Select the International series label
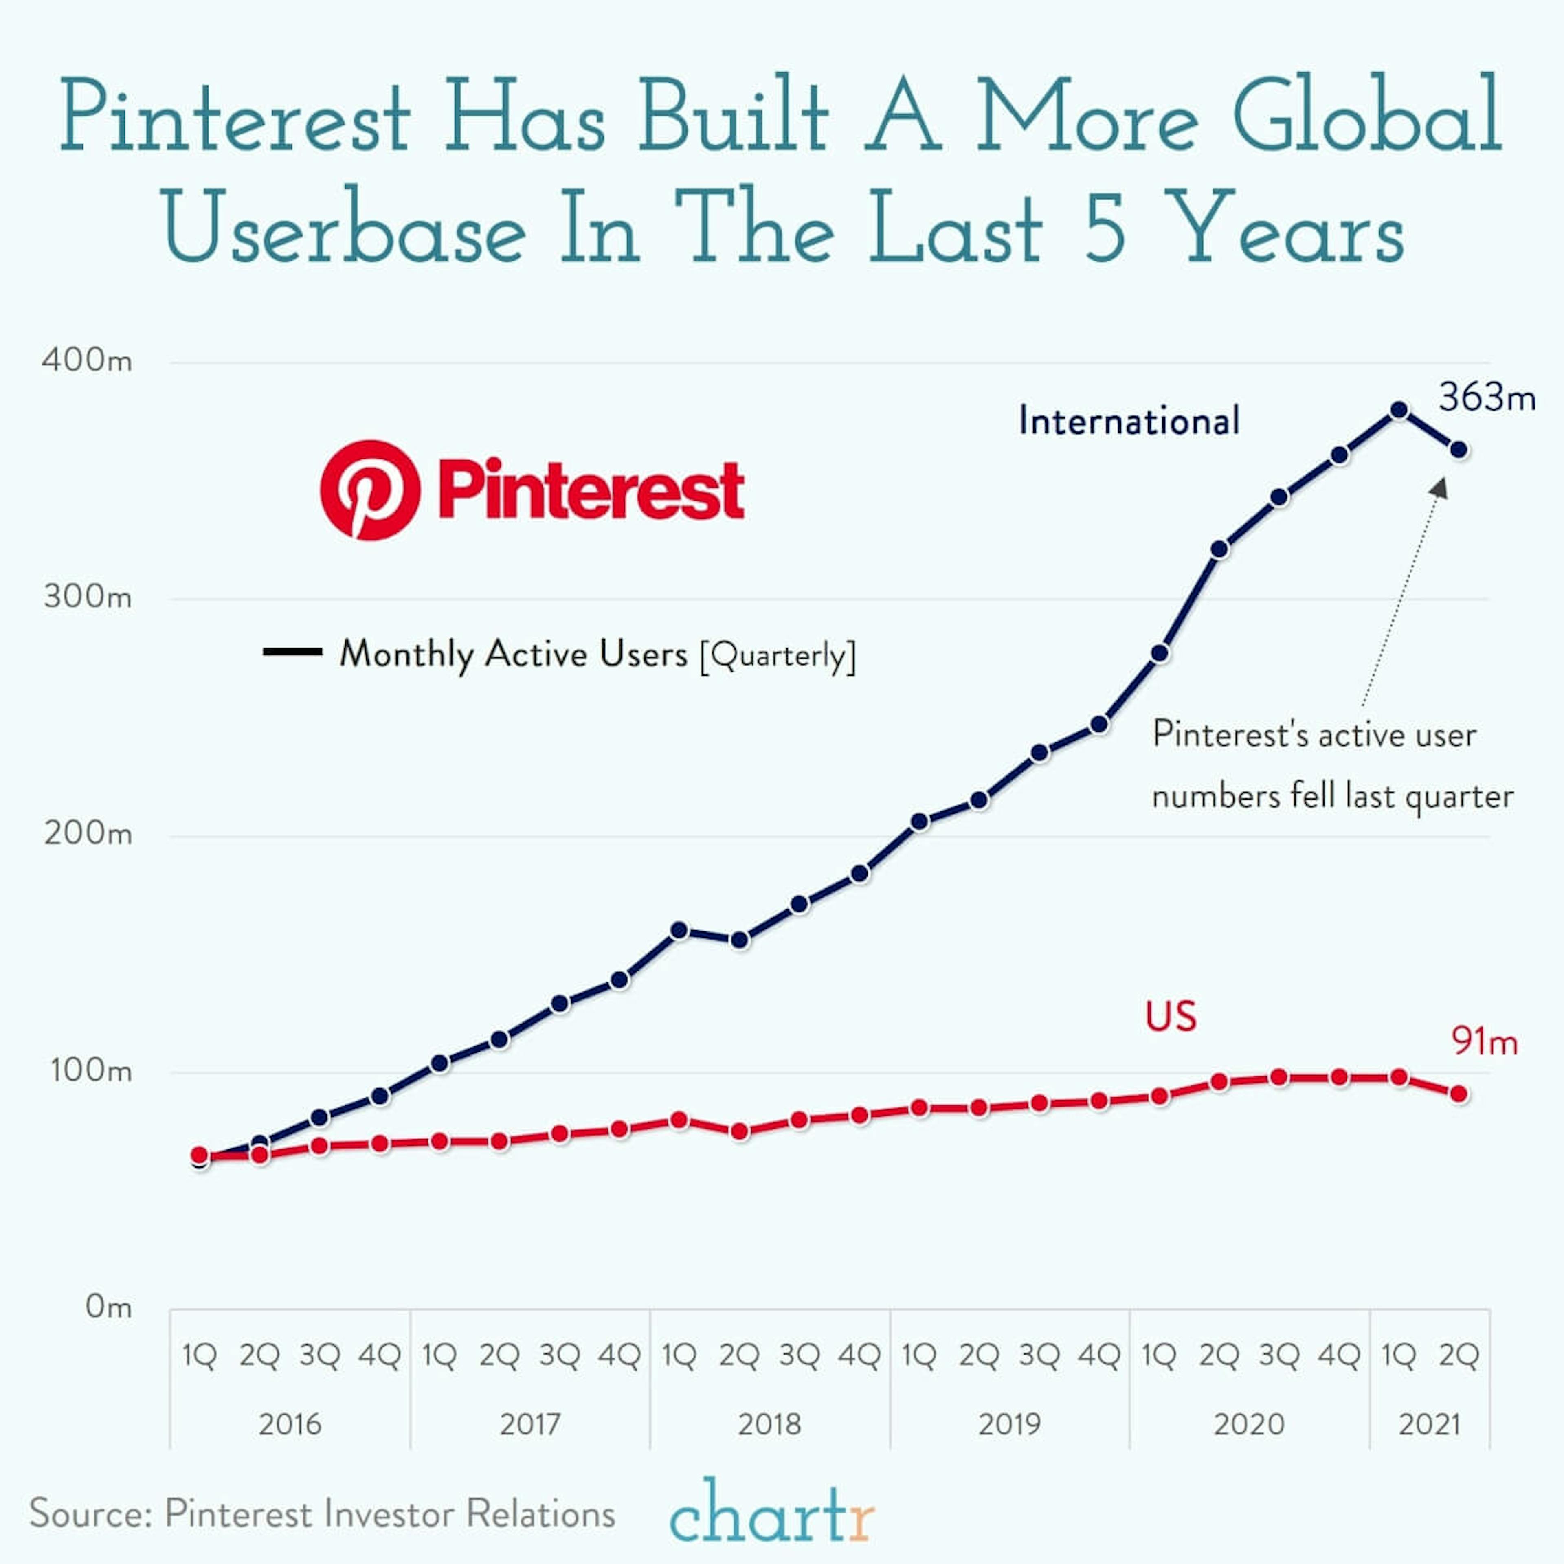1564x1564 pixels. coord(1129,421)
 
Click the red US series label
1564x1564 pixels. coord(1171,1017)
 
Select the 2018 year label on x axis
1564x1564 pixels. coord(769,1424)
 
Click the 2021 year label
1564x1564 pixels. coord(1429,1424)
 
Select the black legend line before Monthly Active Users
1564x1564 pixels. coord(292,652)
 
